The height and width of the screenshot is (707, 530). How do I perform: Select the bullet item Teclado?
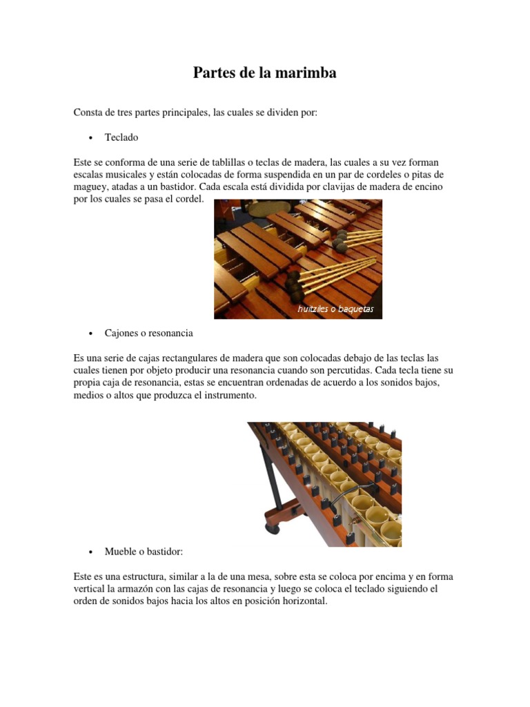(121, 137)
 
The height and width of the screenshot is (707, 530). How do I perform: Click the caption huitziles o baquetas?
(335, 309)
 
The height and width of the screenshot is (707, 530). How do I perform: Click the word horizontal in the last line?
(302, 601)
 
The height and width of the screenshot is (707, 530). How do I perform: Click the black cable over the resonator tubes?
(345, 491)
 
